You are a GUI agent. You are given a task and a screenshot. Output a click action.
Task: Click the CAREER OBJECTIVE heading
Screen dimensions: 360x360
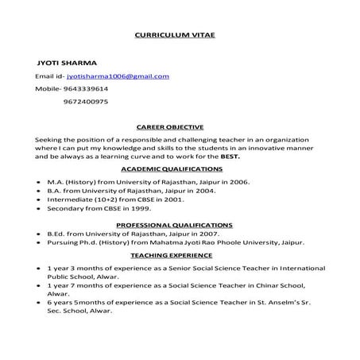[170, 126]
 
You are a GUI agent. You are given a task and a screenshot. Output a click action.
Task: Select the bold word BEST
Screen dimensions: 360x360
[230, 157]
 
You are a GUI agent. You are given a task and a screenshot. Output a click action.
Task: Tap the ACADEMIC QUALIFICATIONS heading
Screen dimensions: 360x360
[172, 169]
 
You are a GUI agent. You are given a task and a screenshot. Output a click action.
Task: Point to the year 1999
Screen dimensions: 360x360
[140, 211]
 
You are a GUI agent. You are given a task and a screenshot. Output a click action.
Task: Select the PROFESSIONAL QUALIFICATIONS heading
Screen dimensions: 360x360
[174, 226]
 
